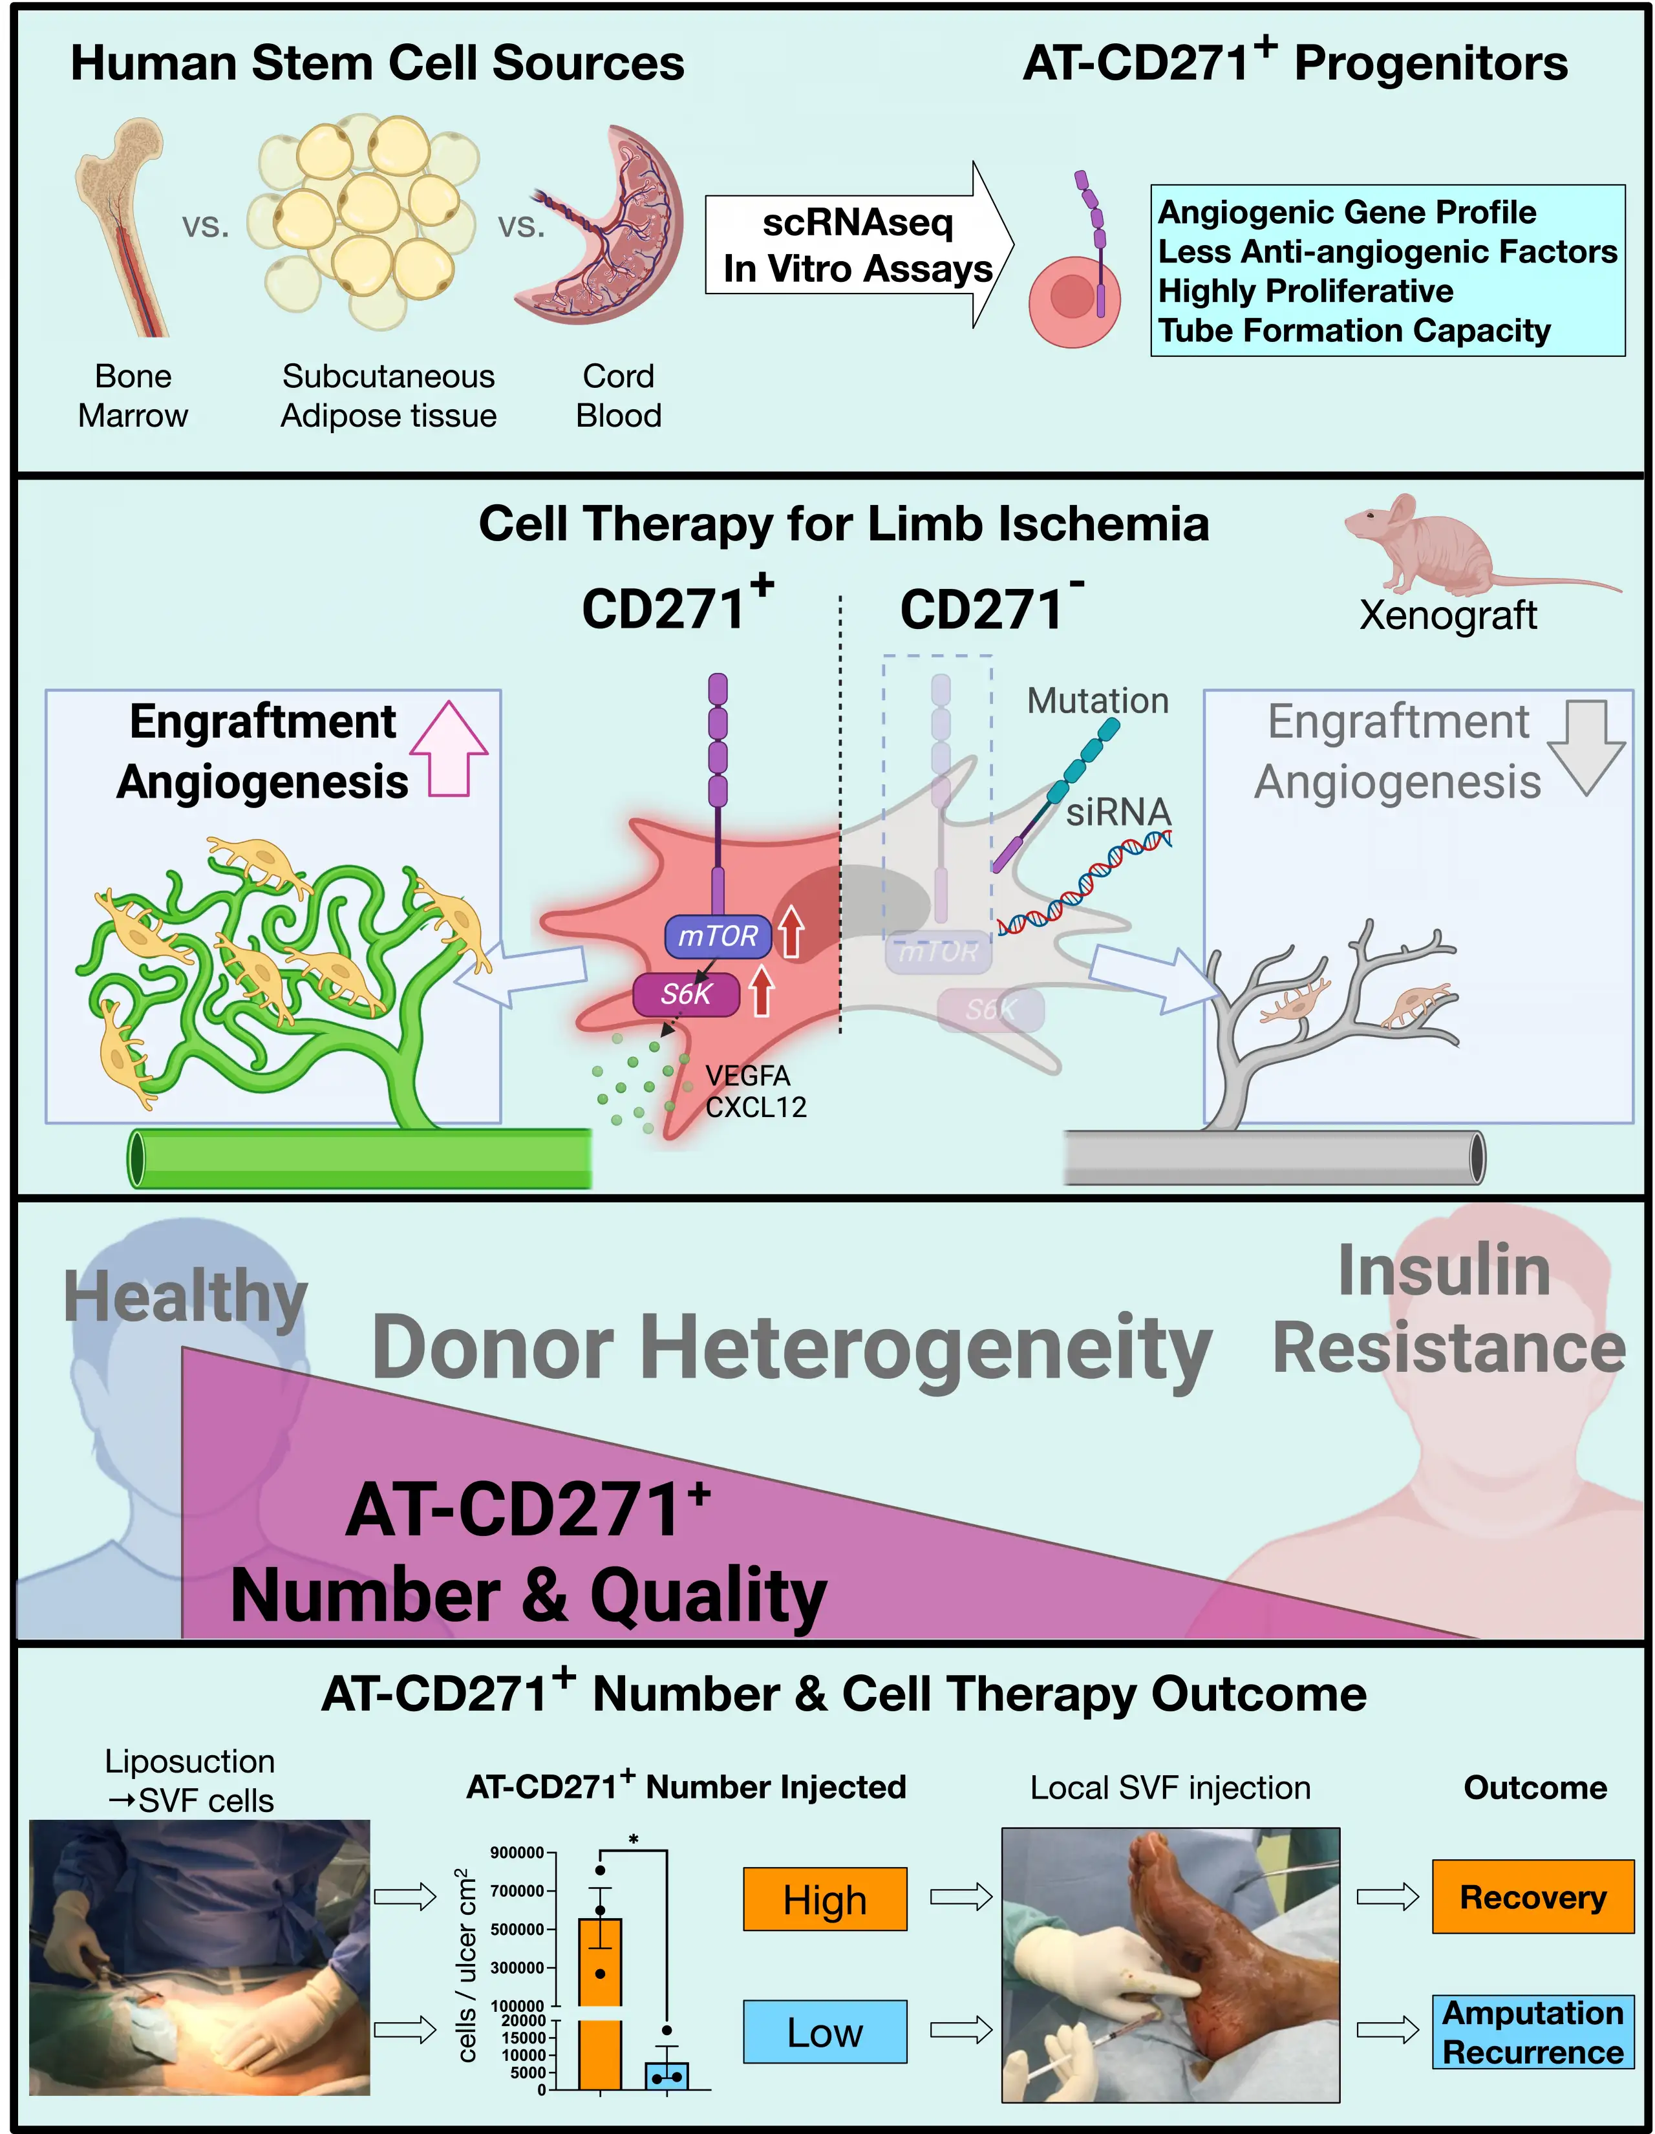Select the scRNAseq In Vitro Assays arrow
[x=858, y=245]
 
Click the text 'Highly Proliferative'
[x=1305, y=291]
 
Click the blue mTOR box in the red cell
[x=718, y=936]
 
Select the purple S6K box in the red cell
[x=686, y=995]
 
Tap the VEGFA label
[x=747, y=1076]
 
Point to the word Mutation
[x=1097, y=701]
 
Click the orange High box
[x=824, y=1899]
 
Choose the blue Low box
[x=824, y=2031]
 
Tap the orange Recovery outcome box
[x=1532, y=1897]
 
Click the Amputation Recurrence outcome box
[x=1532, y=2031]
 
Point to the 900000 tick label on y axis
[x=517, y=1853]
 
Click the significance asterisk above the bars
[x=633, y=1840]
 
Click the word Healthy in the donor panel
[x=186, y=1297]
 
